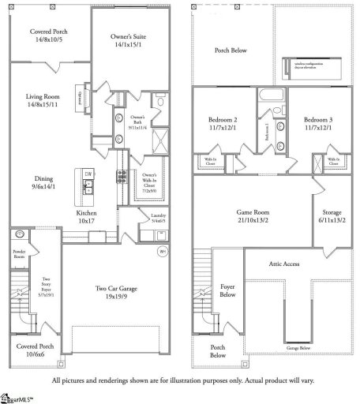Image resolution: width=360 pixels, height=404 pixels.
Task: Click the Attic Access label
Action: [x=283, y=263]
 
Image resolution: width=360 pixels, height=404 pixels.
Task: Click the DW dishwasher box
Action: [x=89, y=174]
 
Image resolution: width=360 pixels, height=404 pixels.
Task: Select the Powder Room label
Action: [x=20, y=254]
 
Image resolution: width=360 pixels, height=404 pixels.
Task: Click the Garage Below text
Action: [x=298, y=347]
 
